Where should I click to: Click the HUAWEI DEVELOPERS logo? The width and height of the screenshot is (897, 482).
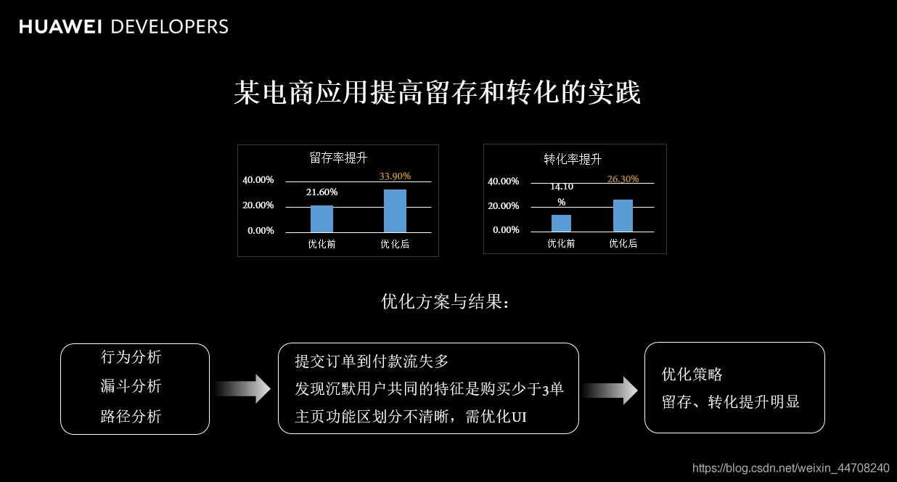(123, 27)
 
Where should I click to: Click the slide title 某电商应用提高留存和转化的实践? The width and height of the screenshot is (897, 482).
(437, 94)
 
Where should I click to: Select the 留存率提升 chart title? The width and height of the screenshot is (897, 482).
(338, 158)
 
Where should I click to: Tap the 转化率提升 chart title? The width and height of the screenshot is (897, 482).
(573, 159)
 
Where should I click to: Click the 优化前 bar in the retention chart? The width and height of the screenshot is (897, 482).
(321, 218)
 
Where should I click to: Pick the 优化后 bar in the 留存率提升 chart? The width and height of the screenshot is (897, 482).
(395, 211)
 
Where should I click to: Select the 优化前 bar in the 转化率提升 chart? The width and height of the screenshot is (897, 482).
(561, 223)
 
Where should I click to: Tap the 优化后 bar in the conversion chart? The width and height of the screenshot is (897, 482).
(623, 216)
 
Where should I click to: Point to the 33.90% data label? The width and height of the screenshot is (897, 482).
(395, 176)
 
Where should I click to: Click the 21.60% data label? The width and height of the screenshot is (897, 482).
(321, 192)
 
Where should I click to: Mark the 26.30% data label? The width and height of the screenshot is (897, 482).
(623, 179)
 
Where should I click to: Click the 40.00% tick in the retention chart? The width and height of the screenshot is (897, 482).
(258, 180)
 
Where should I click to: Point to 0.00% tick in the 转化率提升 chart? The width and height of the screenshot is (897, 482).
(506, 230)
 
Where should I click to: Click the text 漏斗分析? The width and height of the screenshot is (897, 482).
(131, 386)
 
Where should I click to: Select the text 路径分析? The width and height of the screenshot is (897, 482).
(131, 417)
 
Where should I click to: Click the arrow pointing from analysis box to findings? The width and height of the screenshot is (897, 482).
(243, 389)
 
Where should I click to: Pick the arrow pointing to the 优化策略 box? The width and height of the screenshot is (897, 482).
(610, 391)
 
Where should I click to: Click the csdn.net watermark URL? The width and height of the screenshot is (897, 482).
(790, 468)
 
